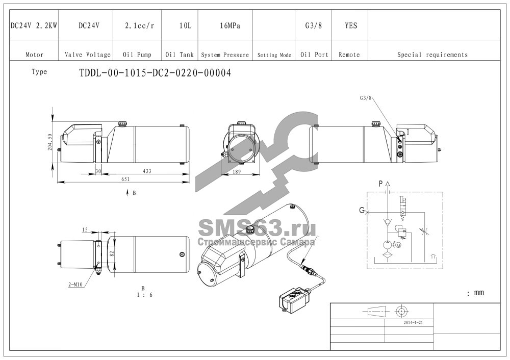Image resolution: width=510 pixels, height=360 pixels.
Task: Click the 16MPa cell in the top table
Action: [x=230, y=25]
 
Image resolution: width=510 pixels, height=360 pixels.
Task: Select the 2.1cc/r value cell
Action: [x=140, y=25]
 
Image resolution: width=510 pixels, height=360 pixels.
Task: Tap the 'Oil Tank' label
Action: [x=179, y=55]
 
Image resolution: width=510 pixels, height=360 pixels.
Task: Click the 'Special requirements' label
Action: [x=432, y=55]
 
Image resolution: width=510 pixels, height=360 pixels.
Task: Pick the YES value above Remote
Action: [x=351, y=25]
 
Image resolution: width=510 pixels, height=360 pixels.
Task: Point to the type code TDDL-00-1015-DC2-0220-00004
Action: [x=155, y=73]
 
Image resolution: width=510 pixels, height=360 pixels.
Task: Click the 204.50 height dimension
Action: [x=49, y=142]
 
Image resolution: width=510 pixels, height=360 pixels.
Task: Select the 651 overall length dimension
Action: [x=125, y=179]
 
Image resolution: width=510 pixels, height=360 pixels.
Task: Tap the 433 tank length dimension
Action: [x=147, y=171]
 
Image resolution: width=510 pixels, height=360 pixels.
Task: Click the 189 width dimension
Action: [x=237, y=172]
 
